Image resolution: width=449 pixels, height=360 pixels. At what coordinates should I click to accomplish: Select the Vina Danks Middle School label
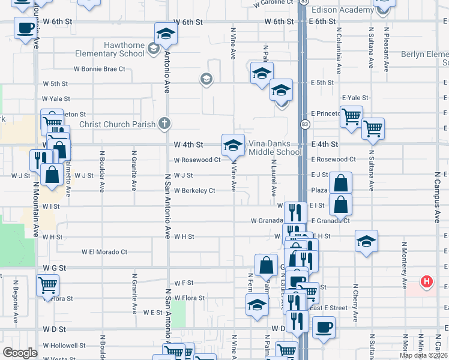275,148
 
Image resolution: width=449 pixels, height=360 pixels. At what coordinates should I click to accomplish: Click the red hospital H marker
426,281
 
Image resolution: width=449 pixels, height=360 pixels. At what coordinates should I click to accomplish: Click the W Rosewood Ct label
197,160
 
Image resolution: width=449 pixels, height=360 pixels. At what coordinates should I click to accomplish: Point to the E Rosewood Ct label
333,160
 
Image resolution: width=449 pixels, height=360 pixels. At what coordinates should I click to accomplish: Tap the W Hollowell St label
64,346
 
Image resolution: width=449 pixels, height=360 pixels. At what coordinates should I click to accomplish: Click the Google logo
20,353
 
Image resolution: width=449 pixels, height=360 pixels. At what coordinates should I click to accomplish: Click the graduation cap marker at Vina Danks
233,145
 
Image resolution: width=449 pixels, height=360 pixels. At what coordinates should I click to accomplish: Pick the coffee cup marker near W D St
324,327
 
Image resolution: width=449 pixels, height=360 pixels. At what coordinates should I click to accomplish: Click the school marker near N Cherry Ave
366,241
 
